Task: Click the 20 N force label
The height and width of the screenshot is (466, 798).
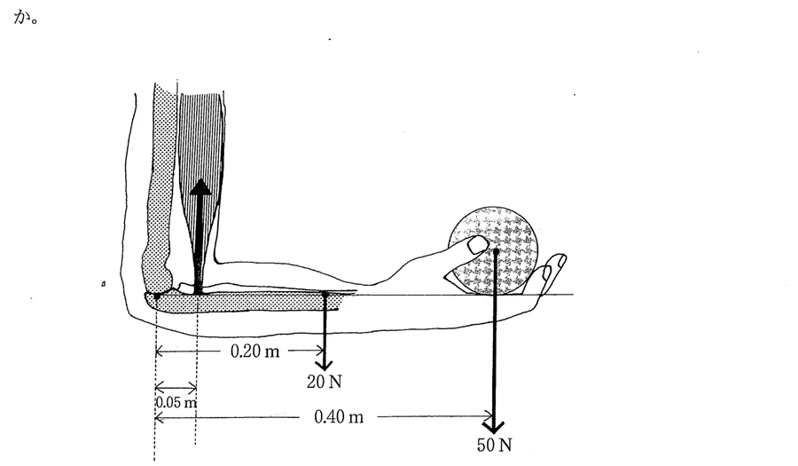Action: pos(324,382)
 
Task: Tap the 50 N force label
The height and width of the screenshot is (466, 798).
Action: pos(494,445)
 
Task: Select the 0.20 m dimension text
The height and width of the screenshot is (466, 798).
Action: pos(255,351)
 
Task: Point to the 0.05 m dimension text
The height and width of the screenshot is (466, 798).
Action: pos(176,402)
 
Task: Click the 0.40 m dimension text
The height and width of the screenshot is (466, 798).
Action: pos(339,417)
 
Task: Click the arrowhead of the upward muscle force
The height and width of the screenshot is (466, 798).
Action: pos(201,187)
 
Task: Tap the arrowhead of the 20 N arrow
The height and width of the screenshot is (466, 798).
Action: pos(324,365)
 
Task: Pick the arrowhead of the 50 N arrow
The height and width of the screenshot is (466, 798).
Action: pos(493,426)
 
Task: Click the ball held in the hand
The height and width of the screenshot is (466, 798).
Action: pos(493,250)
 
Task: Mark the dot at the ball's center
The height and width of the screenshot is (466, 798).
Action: pos(496,251)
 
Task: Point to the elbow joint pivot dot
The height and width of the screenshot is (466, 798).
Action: pos(157,296)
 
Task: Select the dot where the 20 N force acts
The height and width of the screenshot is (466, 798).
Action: pos(325,294)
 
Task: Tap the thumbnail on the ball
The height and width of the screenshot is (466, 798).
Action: pos(478,246)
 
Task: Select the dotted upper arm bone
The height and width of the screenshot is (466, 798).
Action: pos(160,188)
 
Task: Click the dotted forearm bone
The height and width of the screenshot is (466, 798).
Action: pos(245,301)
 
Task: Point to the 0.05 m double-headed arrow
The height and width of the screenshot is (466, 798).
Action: pos(176,388)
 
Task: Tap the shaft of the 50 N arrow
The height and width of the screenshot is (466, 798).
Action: pos(494,336)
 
